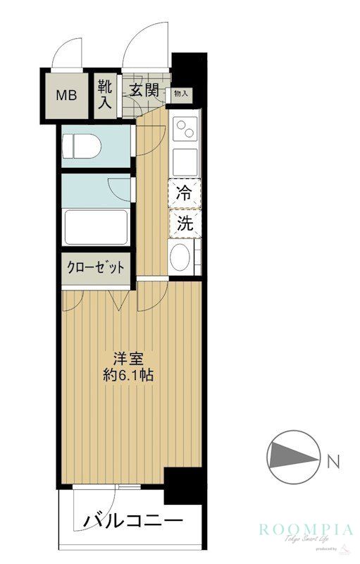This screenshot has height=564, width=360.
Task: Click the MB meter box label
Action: click(x=68, y=94)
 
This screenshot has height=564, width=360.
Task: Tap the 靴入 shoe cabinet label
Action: click(x=104, y=94)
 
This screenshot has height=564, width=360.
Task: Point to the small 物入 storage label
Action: click(x=180, y=93)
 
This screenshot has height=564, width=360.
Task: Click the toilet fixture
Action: click(x=82, y=147)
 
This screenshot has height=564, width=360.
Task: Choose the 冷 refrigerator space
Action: click(x=184, y=193)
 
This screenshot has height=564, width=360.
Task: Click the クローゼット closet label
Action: click(x=96, y=268)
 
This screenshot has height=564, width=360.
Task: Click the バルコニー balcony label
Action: click(x=134, y=522)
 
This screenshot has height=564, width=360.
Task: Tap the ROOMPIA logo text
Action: click(x=305, y=529)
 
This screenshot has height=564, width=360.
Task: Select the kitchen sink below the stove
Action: click(x=185, y=161)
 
